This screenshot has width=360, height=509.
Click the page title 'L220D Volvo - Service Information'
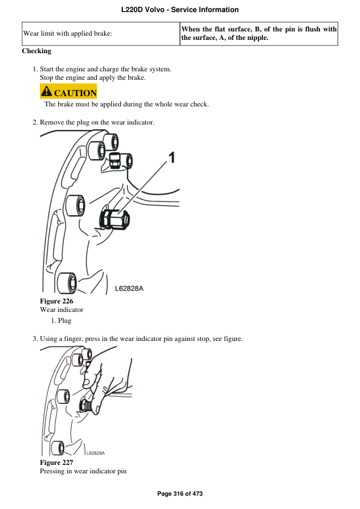tap(180, 10)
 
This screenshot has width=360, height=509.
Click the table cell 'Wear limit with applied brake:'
tap(67, 34)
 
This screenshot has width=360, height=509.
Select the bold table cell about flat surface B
tap(259, 34)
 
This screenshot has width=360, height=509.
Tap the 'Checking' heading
tap(37, 51)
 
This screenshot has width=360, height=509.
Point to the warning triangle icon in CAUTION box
tap(46, 92)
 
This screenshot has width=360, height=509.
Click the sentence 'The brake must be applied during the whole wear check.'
tap(126, 104)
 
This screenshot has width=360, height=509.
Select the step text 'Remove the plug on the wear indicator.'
tap(97, 123)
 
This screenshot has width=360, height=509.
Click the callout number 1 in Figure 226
tap(171, 158)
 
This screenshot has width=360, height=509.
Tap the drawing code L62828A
tap(129, 288)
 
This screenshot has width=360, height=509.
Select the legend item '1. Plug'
tap(61, 320)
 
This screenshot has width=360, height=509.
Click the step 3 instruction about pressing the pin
tap(141, 339)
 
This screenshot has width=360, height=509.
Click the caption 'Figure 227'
tap(56, 462)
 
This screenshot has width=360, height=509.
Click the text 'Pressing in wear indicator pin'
tap(83, 471)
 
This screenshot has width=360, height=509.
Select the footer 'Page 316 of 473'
tap(180, 494)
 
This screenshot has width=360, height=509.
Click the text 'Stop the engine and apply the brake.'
tap(92, 78)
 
